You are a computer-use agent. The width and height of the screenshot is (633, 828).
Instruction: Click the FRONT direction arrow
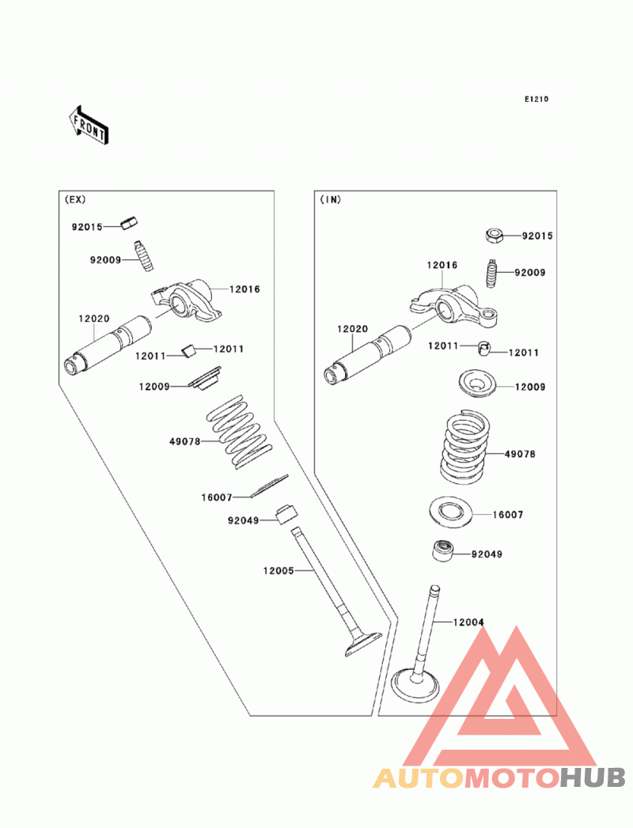click(89, 125)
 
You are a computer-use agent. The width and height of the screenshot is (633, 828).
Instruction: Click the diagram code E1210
click(536, 100)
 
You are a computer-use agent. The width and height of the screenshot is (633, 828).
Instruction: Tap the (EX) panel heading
click(75, 199)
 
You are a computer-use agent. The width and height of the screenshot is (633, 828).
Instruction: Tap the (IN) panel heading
click(331, 199)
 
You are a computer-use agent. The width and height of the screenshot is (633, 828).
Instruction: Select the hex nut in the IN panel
click(494, 235)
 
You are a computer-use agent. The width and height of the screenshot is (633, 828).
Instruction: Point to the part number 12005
click(279, 570)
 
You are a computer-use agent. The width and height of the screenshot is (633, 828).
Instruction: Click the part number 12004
click(468, 622)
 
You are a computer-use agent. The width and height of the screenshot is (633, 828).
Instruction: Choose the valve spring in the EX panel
click(239, 431)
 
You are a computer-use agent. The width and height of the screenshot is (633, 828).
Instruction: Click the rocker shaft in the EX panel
click(108, 346)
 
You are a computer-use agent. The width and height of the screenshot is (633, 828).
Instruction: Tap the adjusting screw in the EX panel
click(143, 255)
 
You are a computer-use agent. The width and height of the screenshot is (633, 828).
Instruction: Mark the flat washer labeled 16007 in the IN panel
click(450, 511)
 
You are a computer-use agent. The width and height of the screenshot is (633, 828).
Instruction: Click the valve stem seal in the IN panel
click(442, 550)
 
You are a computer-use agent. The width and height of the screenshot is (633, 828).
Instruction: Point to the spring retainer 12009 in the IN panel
click(477, 384)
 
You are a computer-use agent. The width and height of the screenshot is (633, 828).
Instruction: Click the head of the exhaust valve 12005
click(362, 644)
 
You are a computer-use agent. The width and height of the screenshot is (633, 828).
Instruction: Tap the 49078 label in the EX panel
click(185, 441)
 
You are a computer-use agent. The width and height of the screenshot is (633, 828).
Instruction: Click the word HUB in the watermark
click(593, 777)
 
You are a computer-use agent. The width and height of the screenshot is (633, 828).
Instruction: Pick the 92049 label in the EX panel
click(244, 520)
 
